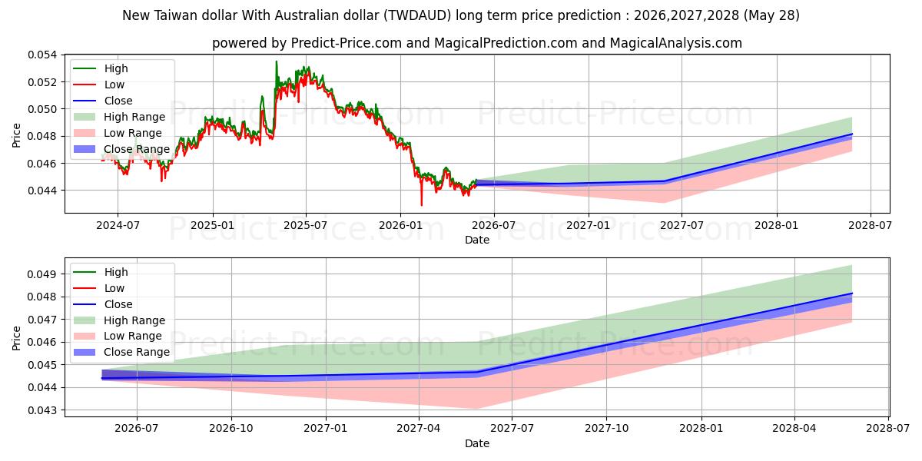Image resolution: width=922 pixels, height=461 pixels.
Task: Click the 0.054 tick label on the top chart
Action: coord(42,55)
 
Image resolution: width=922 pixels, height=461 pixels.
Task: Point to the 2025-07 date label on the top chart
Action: coord(306,226)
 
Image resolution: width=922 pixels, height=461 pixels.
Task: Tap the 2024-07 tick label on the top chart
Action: coord(118,226)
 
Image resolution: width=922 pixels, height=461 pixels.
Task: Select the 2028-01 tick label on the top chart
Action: coord(777,226)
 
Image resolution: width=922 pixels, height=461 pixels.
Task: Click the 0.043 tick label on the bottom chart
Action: coord(42,410)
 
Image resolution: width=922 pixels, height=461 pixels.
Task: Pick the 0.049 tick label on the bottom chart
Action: coord(42,274)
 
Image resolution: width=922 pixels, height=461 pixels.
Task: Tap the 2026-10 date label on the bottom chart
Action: coord(231,429)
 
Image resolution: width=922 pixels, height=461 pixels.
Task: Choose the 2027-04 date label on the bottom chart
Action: coord(419,429)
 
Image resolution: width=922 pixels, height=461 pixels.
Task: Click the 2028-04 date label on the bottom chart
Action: coord(794,429)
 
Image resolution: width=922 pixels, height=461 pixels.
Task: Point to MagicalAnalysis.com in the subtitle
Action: coord(675,43)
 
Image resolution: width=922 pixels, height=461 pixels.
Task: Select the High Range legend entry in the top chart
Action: coord(119,117)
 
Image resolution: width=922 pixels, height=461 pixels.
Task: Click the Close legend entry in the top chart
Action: coord(103,101)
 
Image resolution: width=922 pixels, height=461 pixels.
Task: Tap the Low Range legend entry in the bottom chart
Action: coord(118,337)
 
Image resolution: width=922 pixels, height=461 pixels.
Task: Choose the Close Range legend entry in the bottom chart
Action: coord(121,353)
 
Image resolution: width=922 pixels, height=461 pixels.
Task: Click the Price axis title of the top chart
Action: coord(16,135)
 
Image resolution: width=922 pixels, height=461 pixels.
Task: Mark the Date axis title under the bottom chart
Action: coord(477,444)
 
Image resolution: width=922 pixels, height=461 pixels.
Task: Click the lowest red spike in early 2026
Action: coord(422,205)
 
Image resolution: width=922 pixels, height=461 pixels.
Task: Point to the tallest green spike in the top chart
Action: coord(276,61)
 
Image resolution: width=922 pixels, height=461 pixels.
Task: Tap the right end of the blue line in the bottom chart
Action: coord(852,294)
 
